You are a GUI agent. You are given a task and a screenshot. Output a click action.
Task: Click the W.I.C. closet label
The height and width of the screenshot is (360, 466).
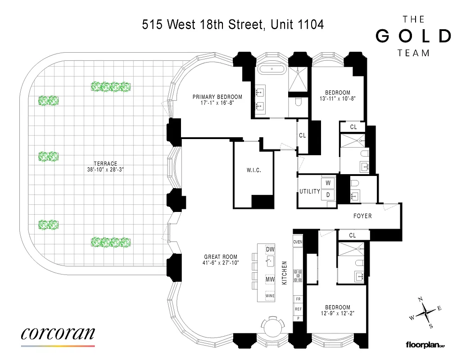pyautogui.click(x=253, y=171)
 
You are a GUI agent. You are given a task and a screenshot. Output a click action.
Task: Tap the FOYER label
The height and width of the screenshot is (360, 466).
pyautogui.click(x=362, y=216)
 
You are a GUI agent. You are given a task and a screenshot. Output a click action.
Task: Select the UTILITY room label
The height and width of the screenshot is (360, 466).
pyautogui.click(x=310, y=192)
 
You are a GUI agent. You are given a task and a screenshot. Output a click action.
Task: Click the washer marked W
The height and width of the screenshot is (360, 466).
pyautogui.click(x=328, y=183)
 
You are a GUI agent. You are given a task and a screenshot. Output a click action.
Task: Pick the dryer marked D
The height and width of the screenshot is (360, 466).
pyautogui.click(x=328, y=195)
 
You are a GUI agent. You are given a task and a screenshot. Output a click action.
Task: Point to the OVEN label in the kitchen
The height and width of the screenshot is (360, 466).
pyautogui.click(x=298, y=242)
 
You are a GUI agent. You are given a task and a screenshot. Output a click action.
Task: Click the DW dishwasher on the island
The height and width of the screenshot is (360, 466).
pyautogui.click(x=270, y=249)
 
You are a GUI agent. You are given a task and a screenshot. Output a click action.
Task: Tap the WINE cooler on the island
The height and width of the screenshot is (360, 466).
pyautogui.click(x=270, y=296)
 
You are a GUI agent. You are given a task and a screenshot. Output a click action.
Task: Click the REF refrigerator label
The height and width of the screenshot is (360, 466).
pyautogui.click(x=298, y=309)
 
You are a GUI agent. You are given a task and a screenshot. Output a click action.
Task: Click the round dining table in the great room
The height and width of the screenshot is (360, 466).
pyautogui.click(x=273, y=326)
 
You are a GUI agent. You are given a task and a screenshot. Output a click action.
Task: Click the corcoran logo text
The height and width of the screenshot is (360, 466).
pyautogui.click(x=58, y=333)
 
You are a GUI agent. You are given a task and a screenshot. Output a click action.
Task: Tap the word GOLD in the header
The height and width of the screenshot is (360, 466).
pyautogui.click(x=413, y=36)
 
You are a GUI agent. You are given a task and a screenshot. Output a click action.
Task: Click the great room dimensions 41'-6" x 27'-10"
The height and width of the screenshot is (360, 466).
pyautogui.click(x=221, y=263)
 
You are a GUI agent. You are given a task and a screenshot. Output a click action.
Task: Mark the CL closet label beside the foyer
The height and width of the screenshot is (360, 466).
pyautogui.click(x=353, y=235)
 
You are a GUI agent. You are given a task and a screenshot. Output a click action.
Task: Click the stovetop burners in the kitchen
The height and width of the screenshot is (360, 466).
pyautogui.click(x=298, y=275)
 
